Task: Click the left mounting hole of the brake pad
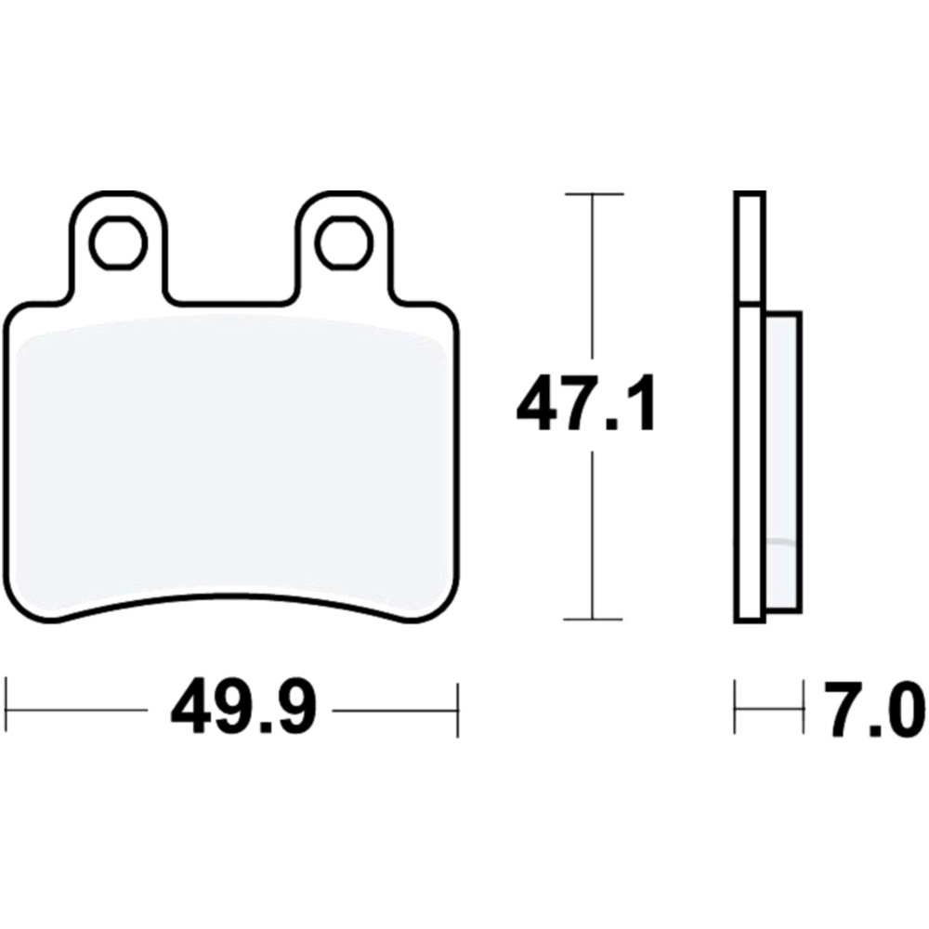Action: pyautogui.click(x=119, y=242)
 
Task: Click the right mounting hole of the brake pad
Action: pyautogui.click(x=343, y=242)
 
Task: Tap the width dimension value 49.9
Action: pyautogui.click(x=244, y=711)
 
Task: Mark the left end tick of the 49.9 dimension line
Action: pyautogui.click(x=7, y=710)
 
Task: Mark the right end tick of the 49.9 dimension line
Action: pyautogui.click(x=458, y=710)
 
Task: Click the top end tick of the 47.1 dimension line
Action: pyautogui.click(x=593, y=194)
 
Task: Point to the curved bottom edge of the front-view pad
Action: pyautogui.click(x=232, y=599)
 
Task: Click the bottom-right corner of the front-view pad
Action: pyautogui.click(x=450, y=608)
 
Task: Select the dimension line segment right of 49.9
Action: pyautogui.click(x=395, y=711)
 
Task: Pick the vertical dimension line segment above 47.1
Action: pyautogui.click(x=593, y=279)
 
